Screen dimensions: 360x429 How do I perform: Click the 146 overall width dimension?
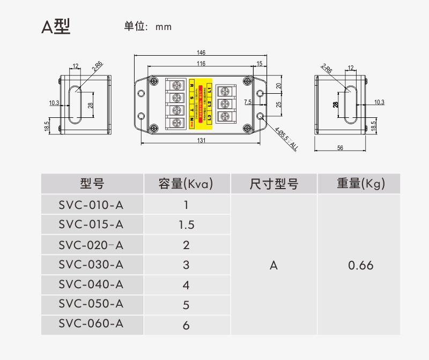[x=201, y=52]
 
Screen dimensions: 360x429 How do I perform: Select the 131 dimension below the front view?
[x=201, y=140]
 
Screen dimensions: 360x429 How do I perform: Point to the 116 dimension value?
[x=201, y=64]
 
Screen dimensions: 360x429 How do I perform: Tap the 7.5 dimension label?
[x=247, y=101]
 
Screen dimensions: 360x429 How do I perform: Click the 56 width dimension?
[x=340, y=148]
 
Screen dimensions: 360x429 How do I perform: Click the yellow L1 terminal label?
[x=210, y=87]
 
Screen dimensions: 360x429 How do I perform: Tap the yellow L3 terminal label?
[x=210, y=116]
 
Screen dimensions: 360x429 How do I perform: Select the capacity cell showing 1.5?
[x=186, y=225]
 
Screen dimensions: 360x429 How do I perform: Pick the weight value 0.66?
[x=360, y=265]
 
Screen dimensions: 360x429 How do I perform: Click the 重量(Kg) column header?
[x=360, y=184]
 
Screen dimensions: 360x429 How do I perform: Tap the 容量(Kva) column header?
[x=186, y=184]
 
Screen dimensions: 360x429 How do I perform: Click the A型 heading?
[x=56, y=26]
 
